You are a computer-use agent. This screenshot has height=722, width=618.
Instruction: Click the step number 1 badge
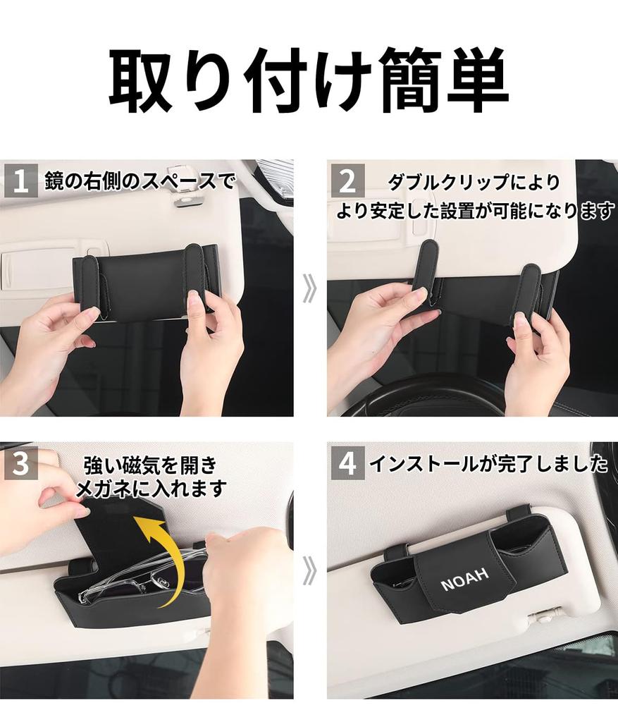(x=20, y=181)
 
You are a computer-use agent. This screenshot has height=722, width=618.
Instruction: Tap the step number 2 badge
(x=347, y=181)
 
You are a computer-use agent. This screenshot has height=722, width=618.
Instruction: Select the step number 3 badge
(x=20, y=463)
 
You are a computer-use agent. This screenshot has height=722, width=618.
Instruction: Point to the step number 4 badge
(x=347, y=463)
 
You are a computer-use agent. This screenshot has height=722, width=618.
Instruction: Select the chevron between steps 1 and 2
(x=309, y=289)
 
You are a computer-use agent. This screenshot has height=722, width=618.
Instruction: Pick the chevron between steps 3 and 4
(x=309, y=571)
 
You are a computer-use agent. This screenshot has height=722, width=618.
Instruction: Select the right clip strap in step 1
(x=194, y=279)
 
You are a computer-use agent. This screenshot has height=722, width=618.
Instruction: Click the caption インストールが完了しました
(x=488, y=463)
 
